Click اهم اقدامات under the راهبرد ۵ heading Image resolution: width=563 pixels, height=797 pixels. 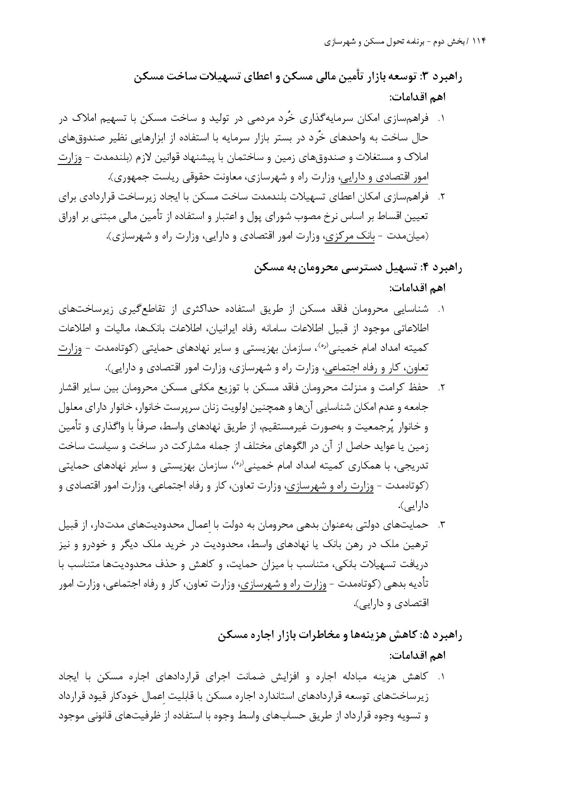(x=417, y=656)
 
